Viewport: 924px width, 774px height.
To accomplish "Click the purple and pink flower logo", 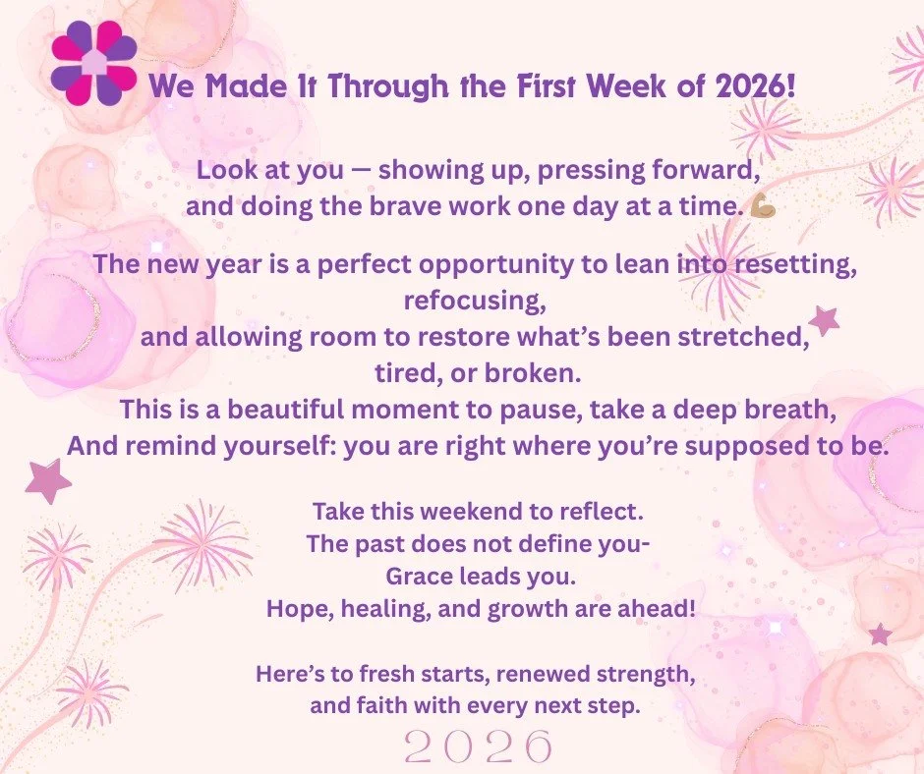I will point(94,62).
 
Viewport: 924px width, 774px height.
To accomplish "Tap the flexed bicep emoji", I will point(763,208).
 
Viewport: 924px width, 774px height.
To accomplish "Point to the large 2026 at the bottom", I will point(479,747).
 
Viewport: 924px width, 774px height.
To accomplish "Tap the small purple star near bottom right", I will point(880,635).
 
